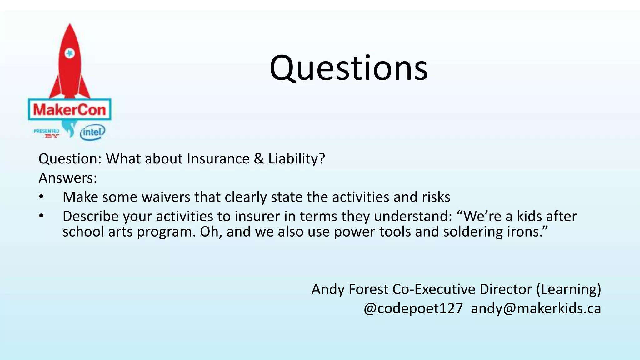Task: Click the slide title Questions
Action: click(348, 68)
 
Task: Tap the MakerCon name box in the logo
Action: click(70, 110)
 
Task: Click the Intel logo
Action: click(92, 132)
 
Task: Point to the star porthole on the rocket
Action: click(69, 53)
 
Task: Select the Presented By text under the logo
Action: click(47, 133)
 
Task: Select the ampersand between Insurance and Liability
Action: click(259, 158)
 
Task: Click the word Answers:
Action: click(68, 178)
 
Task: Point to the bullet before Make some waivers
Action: click(42, 197)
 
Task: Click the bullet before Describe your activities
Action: click(42, 216)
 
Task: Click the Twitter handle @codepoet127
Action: click(413, 308)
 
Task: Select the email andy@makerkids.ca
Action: click(536, 308)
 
